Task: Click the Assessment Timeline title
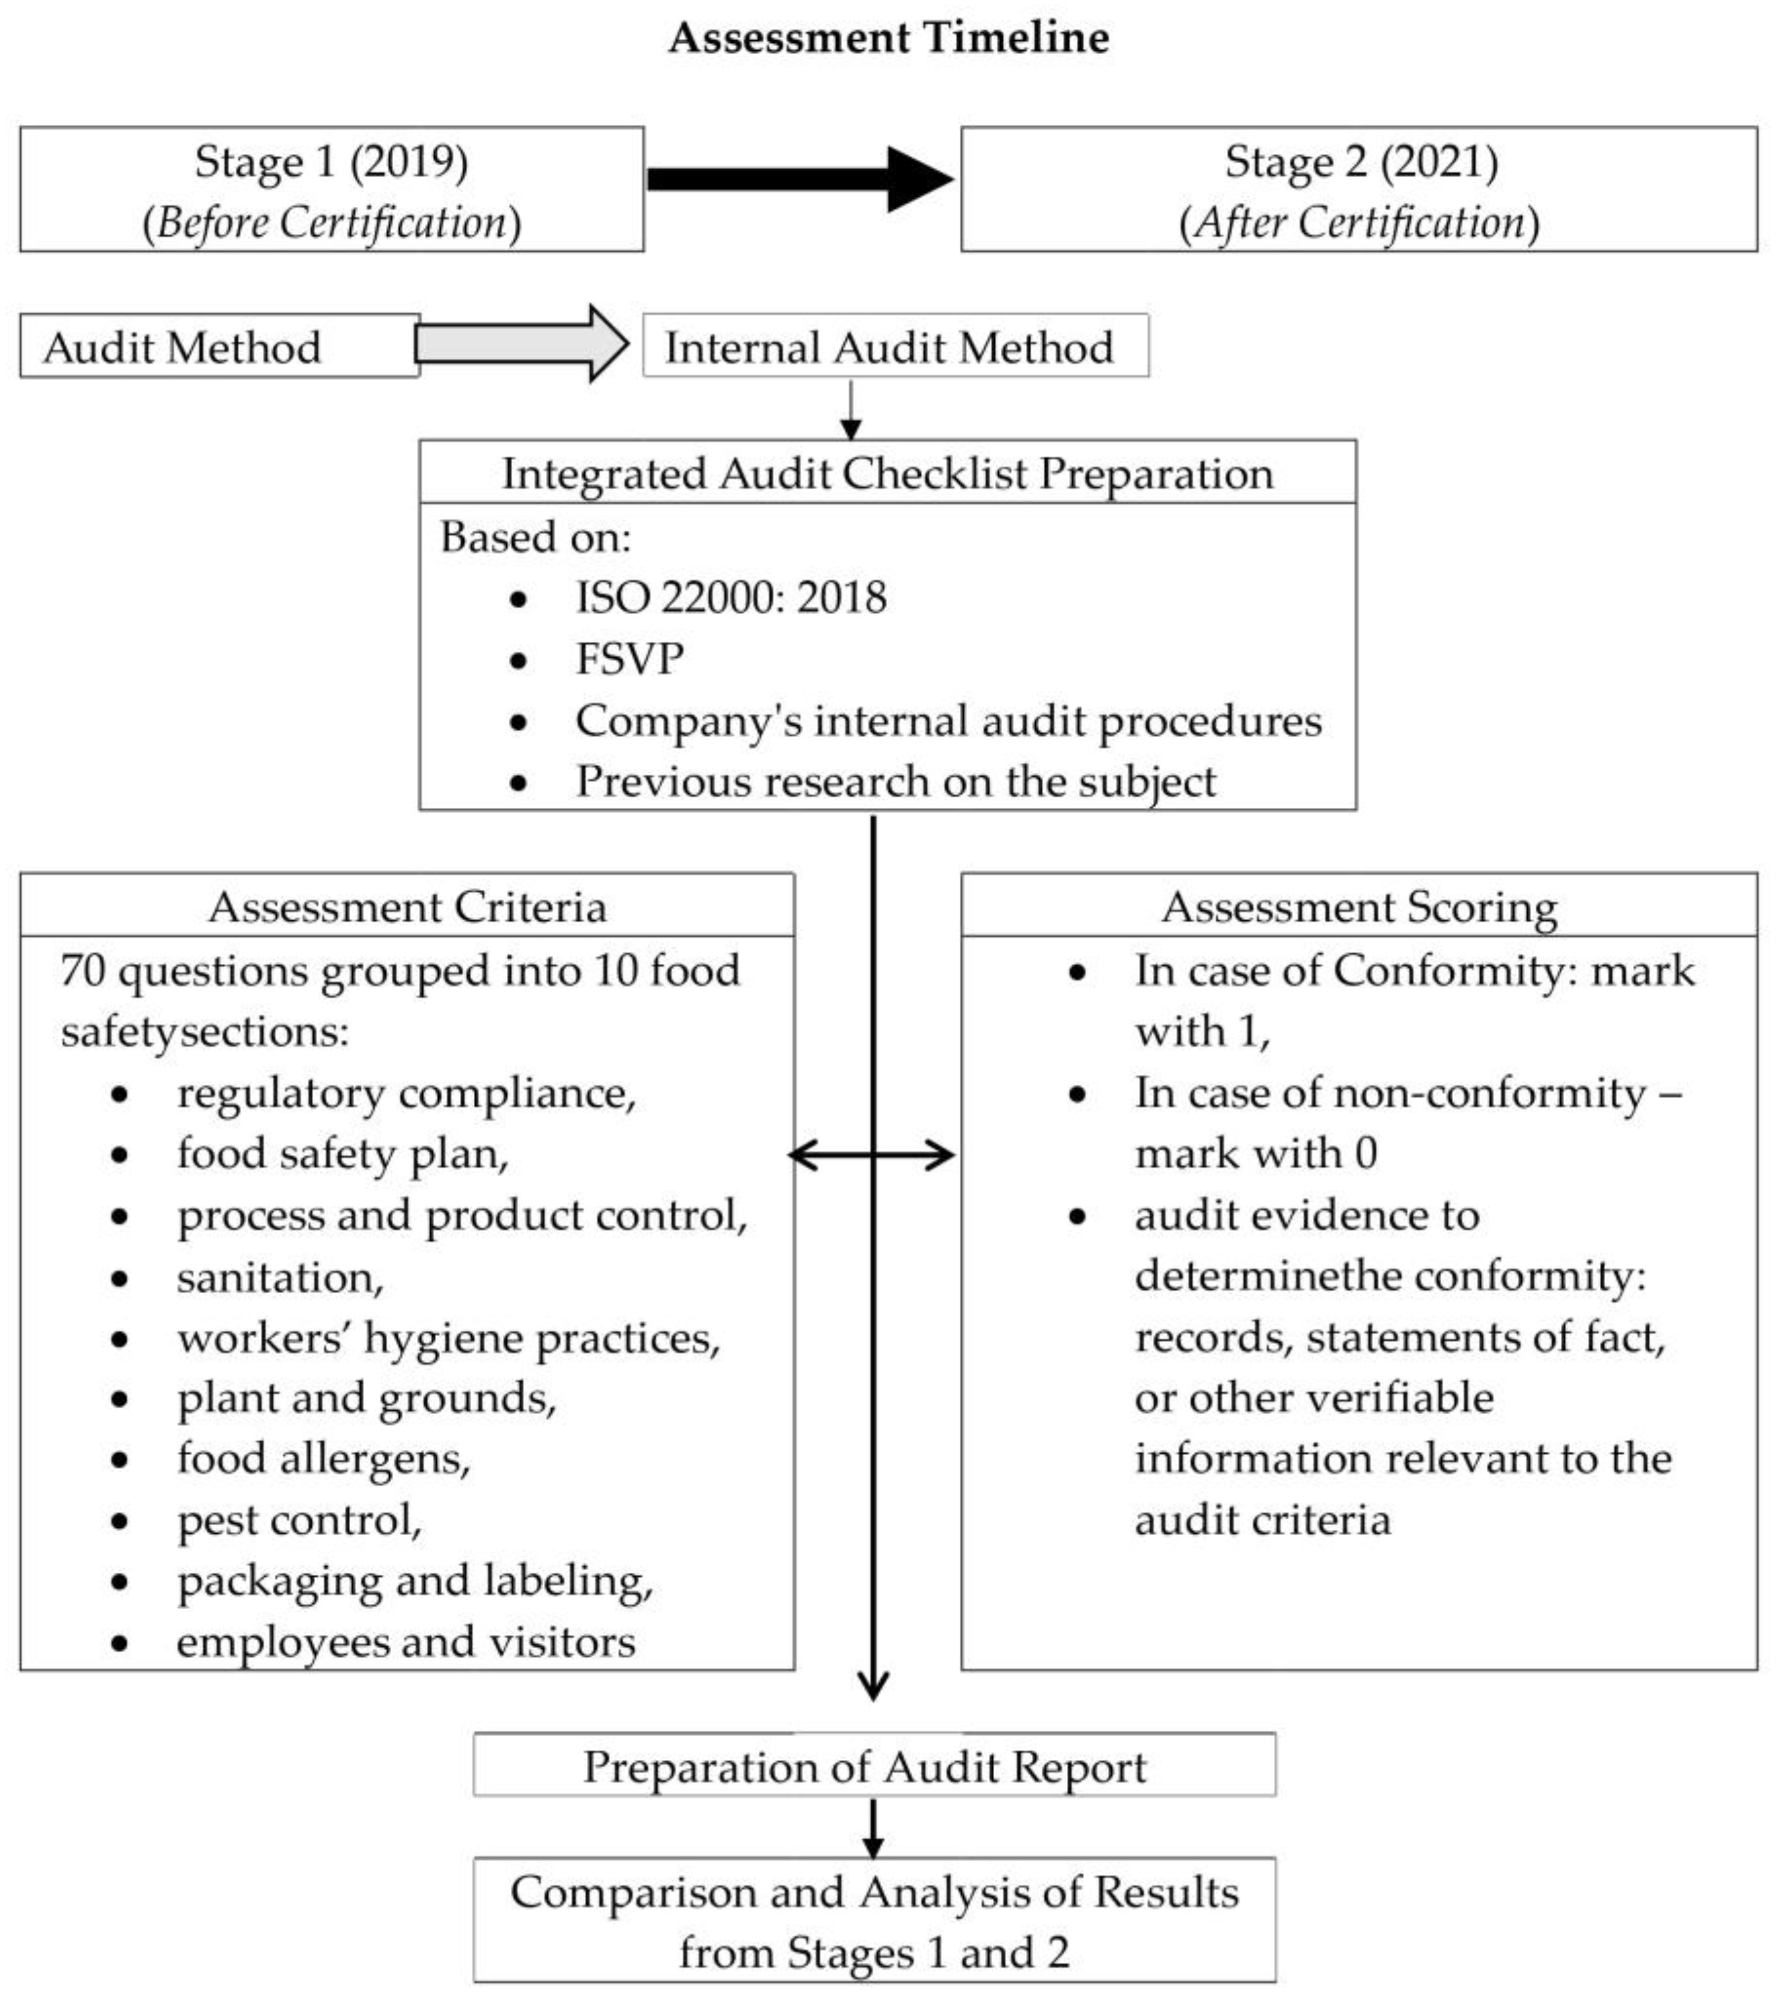888,39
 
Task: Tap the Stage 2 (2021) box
1358,189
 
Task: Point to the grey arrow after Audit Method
521,344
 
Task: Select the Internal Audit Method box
894,346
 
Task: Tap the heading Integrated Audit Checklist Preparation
887,474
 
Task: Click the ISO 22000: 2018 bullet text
730,597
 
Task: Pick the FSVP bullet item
630,659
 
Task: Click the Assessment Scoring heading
1358,907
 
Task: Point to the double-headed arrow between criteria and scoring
871,1155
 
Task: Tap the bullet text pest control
299,1520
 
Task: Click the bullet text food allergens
323,1458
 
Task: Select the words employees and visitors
405,1642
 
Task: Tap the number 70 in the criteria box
83,971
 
